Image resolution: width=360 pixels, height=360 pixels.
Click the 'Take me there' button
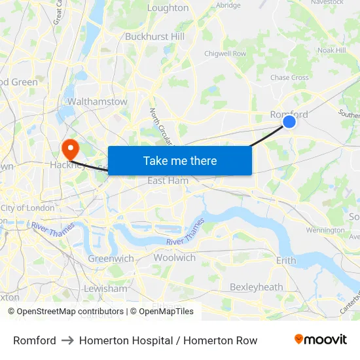click(180, 160)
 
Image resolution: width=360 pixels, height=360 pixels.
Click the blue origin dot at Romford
click(289, 121)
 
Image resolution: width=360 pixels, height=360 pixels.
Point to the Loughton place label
click(168, 8)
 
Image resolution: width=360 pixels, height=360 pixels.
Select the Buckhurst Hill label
click(154, 37)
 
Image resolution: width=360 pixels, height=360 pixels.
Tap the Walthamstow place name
click(98, 101)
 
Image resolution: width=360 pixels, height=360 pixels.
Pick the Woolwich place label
click(174, 257)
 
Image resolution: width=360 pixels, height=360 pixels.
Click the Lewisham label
click(105, 288)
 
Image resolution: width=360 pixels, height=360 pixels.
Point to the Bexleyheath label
click(256, 287)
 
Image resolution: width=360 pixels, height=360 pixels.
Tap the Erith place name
click(286, 260)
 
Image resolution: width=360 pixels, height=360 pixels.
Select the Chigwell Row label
click(225, 53)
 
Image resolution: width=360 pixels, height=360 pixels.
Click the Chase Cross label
click(289, 77)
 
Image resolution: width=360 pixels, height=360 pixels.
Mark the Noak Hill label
click(331, 50)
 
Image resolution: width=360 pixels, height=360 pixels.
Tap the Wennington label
click(325, 230)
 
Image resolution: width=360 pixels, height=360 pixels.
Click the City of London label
click(27, 207)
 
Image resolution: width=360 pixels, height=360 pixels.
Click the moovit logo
click(320, 340)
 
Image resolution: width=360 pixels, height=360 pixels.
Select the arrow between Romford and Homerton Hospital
click(67, 340)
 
